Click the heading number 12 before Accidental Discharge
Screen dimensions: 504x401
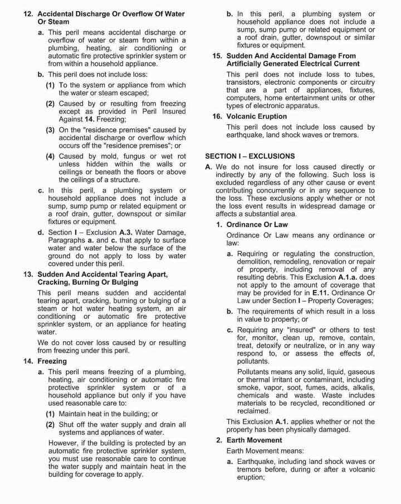[x=28, y=12]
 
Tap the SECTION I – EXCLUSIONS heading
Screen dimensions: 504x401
[x=250, y=156]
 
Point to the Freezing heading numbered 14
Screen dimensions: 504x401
[x=53, y=361]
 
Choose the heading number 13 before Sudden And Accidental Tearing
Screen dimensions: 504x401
[x=28, y=275]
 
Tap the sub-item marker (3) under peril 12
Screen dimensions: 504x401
[x=50, y=130]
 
